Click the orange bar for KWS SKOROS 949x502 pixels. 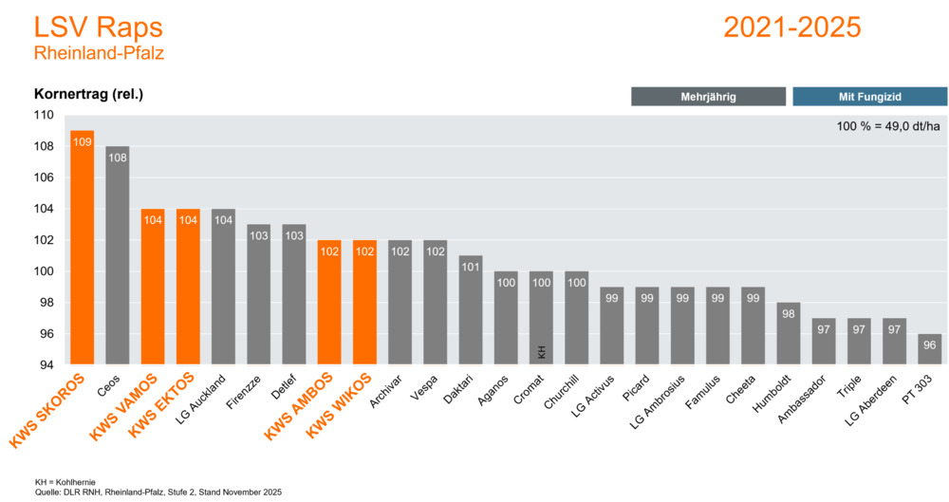(83, 247)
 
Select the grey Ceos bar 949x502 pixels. (118, 255)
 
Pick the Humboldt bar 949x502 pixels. (789, 333)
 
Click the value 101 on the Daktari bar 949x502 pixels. (471, 267)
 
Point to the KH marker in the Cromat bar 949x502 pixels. (541, 352)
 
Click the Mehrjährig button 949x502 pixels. (708, 96)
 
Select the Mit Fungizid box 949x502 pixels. (869, 96)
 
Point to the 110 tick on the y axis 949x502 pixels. (43, 115)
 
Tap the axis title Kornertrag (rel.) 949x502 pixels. (88, 94)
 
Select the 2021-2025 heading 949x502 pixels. (792, 27)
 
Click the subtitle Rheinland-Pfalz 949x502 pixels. (99, 53)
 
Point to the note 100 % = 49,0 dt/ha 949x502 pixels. (888, 126)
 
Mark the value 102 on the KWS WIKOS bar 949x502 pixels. (364, 251)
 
